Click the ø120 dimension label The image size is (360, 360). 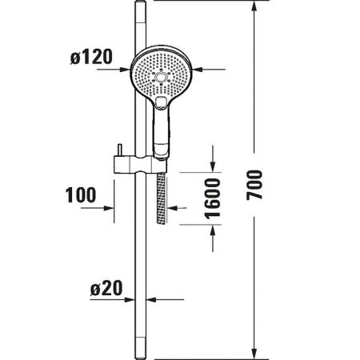click(x=91, y=57)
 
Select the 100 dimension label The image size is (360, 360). click(x=81, y=195)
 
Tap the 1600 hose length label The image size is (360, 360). click(x=213, y=198)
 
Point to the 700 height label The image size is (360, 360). click(x=254, y=185)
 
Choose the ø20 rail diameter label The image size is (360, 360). click(x=106, y=288)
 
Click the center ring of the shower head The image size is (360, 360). click(x=161, y=78)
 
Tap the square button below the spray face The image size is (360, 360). click(x=161, y=102)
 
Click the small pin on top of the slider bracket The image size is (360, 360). click(x=120, y=150)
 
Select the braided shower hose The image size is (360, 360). click(x=162, y=198)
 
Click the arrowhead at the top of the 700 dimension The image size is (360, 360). click(x=254, y=6)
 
